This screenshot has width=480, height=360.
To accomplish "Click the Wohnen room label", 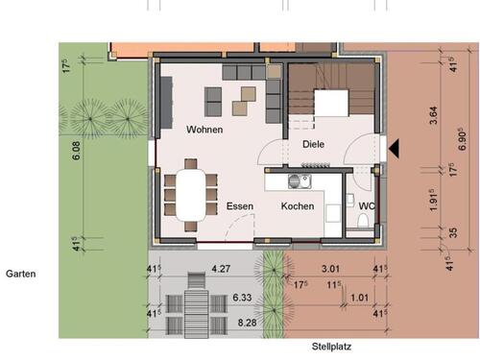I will [204, 130].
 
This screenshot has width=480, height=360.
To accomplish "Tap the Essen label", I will [240, 206].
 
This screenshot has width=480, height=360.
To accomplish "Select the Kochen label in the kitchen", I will [298, 206].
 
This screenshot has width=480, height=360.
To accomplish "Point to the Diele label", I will [313, 144].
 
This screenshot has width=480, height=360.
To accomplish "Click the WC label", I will [367, 206].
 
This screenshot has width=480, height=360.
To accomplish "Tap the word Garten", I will [20, 274].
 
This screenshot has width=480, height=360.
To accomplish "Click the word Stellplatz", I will [332, 347].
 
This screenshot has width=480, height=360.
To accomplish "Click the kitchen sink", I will [305, 180].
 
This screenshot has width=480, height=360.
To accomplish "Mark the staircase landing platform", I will [332, 102].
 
